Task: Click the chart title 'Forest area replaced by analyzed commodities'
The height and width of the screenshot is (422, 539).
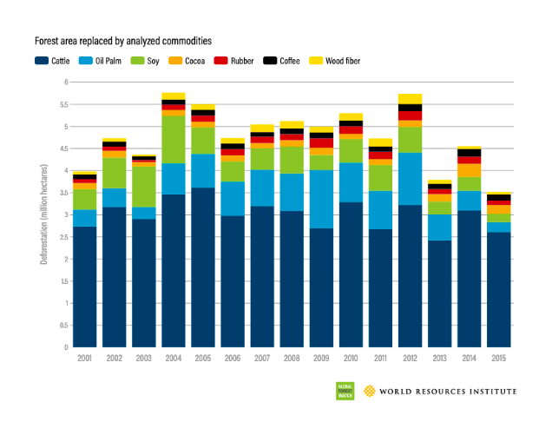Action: click(122, 41)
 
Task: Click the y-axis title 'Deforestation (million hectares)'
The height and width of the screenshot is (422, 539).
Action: click(43, 214)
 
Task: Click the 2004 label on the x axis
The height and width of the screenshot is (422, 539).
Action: click(174, 357)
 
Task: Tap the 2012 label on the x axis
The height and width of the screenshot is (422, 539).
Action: click(410, 357)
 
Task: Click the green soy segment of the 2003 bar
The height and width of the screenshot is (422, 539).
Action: click(144, 187)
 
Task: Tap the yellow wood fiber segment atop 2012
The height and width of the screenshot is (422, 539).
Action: click(410, 98)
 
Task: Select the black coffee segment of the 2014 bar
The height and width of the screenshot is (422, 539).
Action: click(469, 153)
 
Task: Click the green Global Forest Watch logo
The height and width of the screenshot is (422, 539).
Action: click(344, 391)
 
